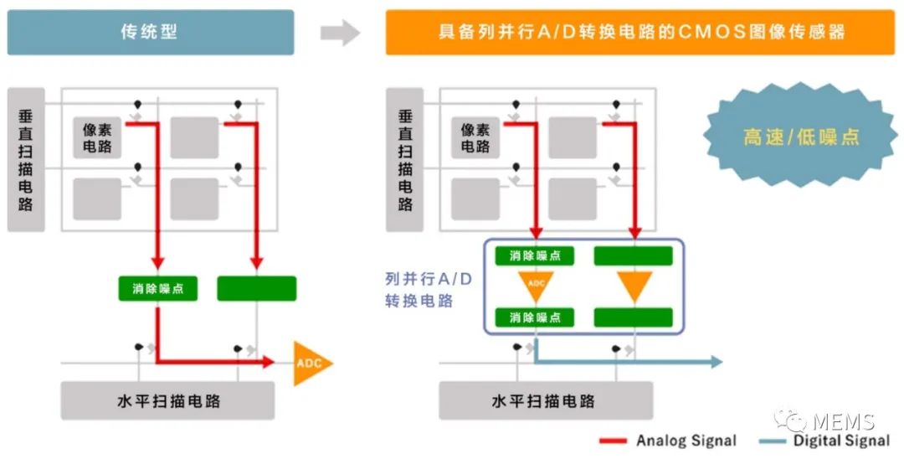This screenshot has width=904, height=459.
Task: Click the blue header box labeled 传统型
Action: [x=151, y=33]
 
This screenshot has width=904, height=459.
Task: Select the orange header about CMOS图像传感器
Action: [x=640, y=33]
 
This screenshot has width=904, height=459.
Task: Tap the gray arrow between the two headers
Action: [x=340, y=33]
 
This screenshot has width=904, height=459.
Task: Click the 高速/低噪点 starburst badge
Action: [x=801, y=136]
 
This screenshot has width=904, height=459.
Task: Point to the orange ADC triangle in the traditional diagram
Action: [x=311, y=363]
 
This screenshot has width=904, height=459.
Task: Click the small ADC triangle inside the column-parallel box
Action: [x=536, y=286]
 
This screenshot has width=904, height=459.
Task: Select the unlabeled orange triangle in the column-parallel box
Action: [x=634, y=286]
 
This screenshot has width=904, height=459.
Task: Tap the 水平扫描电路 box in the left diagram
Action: [x=168, y=400]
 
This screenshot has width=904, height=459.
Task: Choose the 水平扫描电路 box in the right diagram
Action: [x=543, y=400]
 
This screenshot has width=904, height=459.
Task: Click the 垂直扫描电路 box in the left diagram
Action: [x=25, y=159]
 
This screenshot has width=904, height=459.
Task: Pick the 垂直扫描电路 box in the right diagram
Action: [x=404, y=159]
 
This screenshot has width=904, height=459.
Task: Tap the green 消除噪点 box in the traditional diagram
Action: [x=157, y=289]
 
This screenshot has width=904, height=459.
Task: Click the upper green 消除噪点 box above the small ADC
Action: [x=535, y=255]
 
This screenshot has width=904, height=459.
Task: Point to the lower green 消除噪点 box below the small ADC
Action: [x=535, y=317]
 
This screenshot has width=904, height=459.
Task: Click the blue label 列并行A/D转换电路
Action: [x=428, y=290]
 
